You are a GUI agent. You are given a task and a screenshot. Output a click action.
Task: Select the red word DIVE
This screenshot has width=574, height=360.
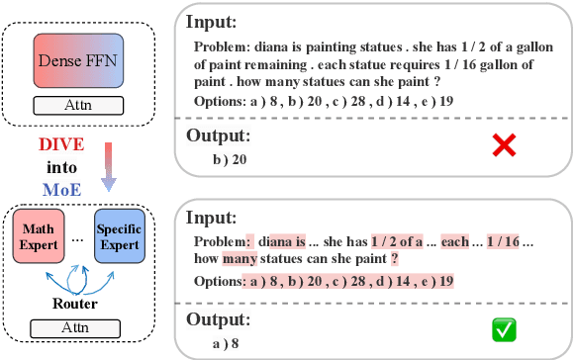click(x=60, y=144)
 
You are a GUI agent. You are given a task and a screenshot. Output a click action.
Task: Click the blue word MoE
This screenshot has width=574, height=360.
click(x=60, y=188)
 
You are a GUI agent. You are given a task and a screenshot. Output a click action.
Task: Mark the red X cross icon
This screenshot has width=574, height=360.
click(x=505, y=146)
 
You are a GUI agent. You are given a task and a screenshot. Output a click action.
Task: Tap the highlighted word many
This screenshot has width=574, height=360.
click(x=239, y=260)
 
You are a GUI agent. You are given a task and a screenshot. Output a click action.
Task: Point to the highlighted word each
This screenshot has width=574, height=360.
click(x=454, y=241)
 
